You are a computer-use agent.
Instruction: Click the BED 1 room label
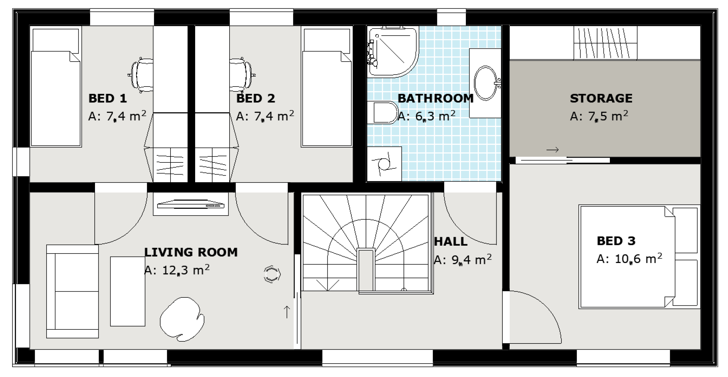click(x=107, y=98)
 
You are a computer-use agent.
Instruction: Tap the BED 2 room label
click(x=255, y=98)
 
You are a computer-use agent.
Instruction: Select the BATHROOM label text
click(x=436, y=98)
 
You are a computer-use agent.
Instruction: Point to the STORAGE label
click(x=601, y=98)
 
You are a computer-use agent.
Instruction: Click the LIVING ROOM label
click(x=191, y=252)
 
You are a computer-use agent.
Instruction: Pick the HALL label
click(x=451, y=242)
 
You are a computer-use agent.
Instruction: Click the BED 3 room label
click(x=616, y=241)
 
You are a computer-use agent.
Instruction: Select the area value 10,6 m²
click(x=638, y=259)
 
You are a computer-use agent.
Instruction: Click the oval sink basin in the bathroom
click(x=485, y=83)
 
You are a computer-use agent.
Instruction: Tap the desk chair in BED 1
click(x=141, y=75)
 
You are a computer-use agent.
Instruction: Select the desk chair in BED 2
click(x=242, y=75)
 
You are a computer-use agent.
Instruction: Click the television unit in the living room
click(x=191, y=204)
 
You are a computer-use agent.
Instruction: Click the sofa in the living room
click(x=72, y=291)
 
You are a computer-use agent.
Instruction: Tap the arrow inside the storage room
click(x=552, y=150)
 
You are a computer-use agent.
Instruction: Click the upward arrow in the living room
click(x=287, y=312)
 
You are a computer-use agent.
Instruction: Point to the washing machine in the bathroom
click(x=384, y=164)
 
